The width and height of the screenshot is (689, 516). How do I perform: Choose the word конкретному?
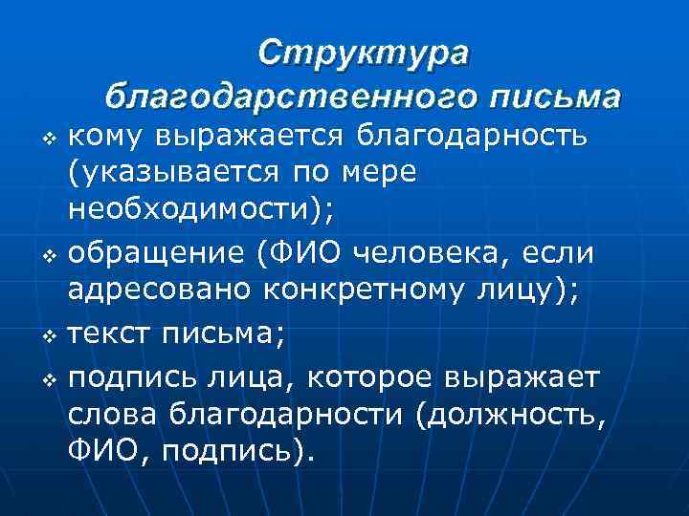pos(365,290)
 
